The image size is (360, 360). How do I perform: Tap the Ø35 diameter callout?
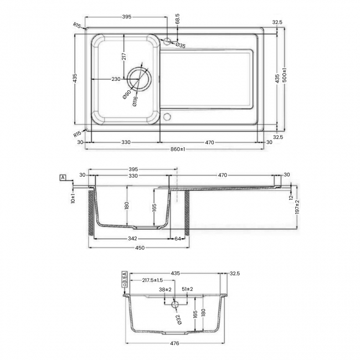tap(181, 45)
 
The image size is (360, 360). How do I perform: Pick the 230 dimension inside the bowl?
tap(116, 79)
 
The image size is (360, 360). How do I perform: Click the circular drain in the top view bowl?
tap(138, 79)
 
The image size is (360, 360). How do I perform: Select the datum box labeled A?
tap(63, 177)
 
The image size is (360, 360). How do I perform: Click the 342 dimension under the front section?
tap(132, 239)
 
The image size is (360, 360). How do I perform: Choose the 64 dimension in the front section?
tap(178, 239)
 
